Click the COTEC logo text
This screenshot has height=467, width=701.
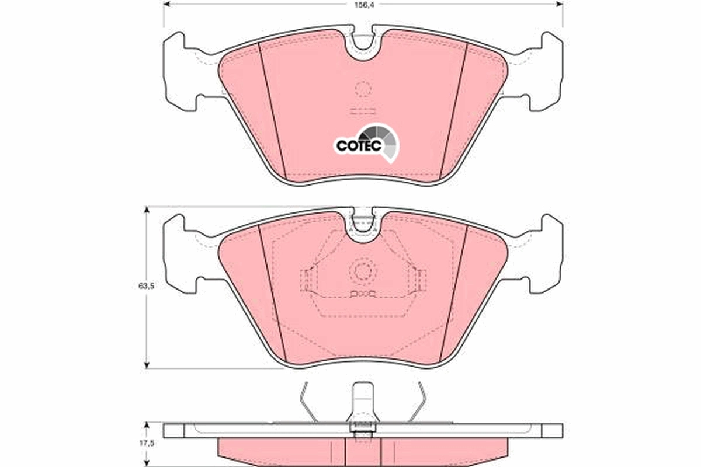358,145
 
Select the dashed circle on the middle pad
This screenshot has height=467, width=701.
362,271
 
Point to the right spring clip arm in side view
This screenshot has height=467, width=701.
417,403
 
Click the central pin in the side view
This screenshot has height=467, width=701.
362,406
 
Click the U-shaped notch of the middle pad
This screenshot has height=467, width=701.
363,225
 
